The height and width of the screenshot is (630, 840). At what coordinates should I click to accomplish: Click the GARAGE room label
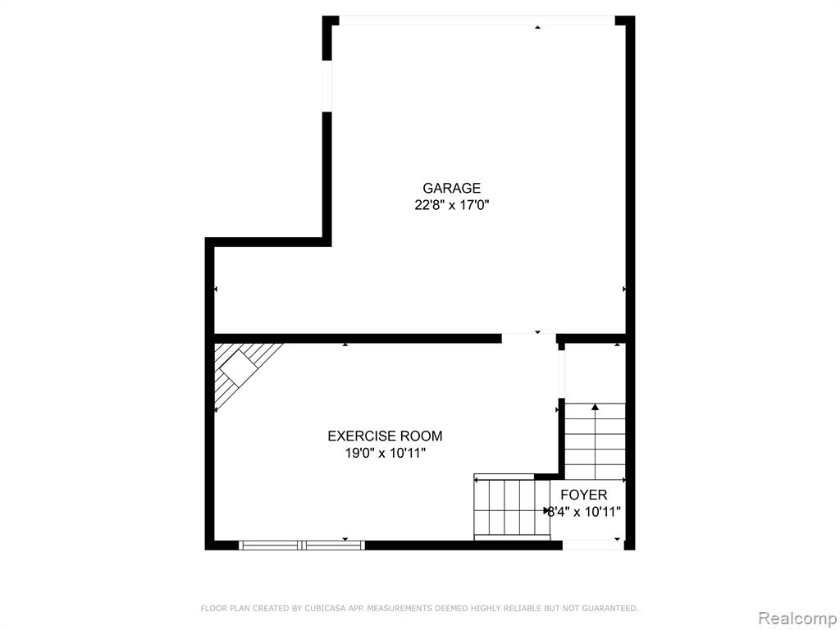(452, 188)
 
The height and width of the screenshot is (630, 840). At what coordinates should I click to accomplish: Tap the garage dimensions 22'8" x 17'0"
(452, 205)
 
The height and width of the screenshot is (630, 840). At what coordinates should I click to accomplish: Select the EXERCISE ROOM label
(386, 436)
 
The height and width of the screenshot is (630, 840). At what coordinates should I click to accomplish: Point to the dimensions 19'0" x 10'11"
(386, 453)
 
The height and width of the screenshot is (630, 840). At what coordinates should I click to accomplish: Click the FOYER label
(584, 495)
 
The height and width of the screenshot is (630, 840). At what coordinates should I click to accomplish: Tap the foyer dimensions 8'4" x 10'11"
(584, 512)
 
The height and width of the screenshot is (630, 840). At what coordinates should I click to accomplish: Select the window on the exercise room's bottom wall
(302, 546)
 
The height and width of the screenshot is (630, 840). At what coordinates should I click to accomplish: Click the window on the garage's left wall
(326, 86)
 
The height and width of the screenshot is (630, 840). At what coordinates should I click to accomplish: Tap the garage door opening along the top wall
(477, 21)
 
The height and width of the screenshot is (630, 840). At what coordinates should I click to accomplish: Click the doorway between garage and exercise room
(529, 339)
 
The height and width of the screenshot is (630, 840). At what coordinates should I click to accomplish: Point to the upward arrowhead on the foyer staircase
(595, 407)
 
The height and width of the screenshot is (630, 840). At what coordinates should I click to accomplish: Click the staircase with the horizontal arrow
(512, 508)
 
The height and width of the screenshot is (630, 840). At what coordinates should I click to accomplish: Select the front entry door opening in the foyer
(593, 546)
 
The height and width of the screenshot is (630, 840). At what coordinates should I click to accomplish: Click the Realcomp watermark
(797, 619)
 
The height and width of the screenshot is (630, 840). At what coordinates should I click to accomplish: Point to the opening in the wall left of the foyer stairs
(561, 374)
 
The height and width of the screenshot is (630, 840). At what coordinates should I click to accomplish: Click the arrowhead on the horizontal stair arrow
(547, 510)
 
